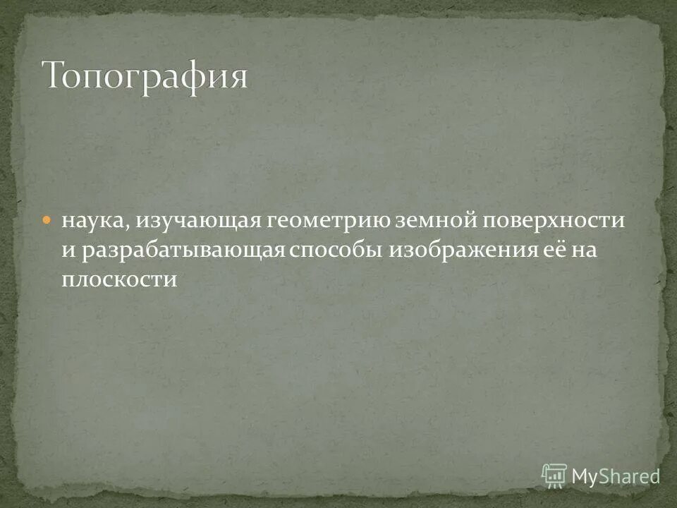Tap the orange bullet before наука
click(47, 219)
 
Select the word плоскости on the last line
click(118, 279)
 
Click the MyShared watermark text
click(616, 476)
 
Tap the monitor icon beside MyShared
click(554, 476)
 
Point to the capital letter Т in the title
click(55, 75)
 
